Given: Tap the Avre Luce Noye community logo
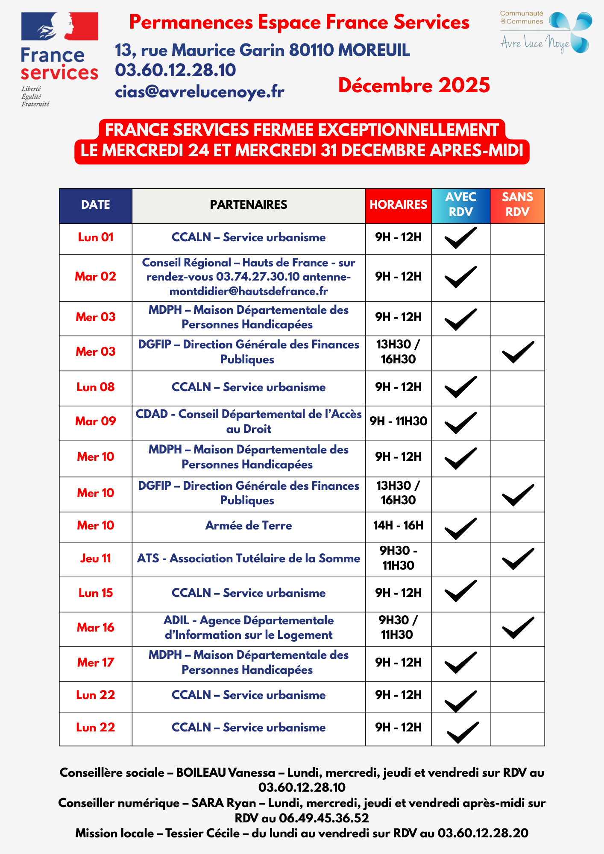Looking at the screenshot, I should click(546, 32).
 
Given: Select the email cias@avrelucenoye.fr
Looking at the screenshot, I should click(199, 91).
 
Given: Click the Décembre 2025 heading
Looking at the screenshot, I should click(414, 85).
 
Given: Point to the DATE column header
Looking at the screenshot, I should click(96, 205).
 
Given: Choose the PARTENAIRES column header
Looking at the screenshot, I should click(249, 205).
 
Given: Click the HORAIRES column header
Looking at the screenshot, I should click(398, 205).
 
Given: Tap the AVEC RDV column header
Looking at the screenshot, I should click(460, 205).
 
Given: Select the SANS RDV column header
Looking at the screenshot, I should click(517, 205).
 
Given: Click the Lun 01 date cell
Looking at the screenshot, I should click(96, 237).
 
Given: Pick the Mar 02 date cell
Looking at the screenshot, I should click(96, 277).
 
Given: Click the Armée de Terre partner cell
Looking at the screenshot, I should click(249, 526).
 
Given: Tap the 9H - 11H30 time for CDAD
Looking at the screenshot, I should click(398, 421).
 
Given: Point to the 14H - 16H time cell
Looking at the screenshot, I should click(398, 526).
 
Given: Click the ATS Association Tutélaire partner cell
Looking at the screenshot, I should click(249, 559).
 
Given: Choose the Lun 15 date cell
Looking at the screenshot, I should click(96, 593).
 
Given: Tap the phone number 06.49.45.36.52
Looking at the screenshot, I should click(324, 818).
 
